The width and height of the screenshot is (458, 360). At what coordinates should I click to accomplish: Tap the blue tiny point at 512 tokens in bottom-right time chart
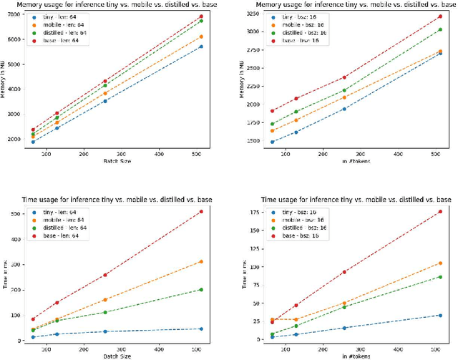[x=439, y=315]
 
